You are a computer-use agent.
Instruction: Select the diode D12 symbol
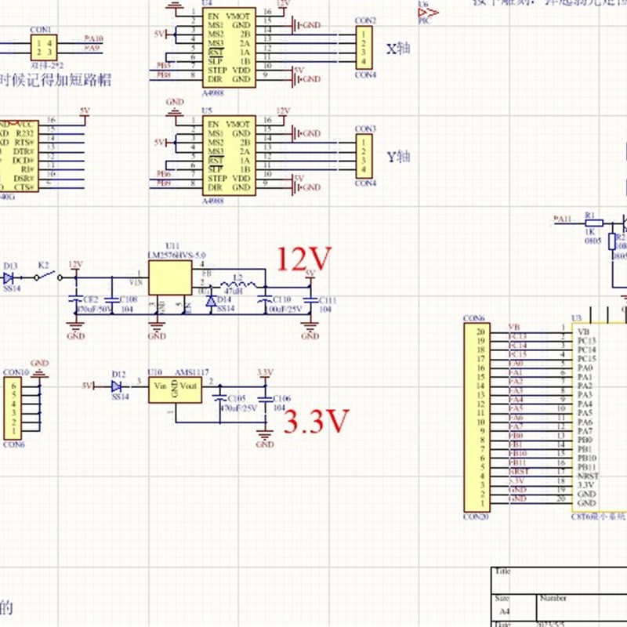click(118, 386)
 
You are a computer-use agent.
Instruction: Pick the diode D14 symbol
click(210, 301)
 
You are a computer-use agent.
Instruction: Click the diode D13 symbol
click(9, 277)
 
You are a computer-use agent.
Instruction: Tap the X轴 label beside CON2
click(398, 48)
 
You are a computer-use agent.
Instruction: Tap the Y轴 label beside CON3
click(399, 156)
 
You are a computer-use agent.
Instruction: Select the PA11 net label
click(563, 219)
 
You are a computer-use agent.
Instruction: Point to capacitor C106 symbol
click(265, 404)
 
